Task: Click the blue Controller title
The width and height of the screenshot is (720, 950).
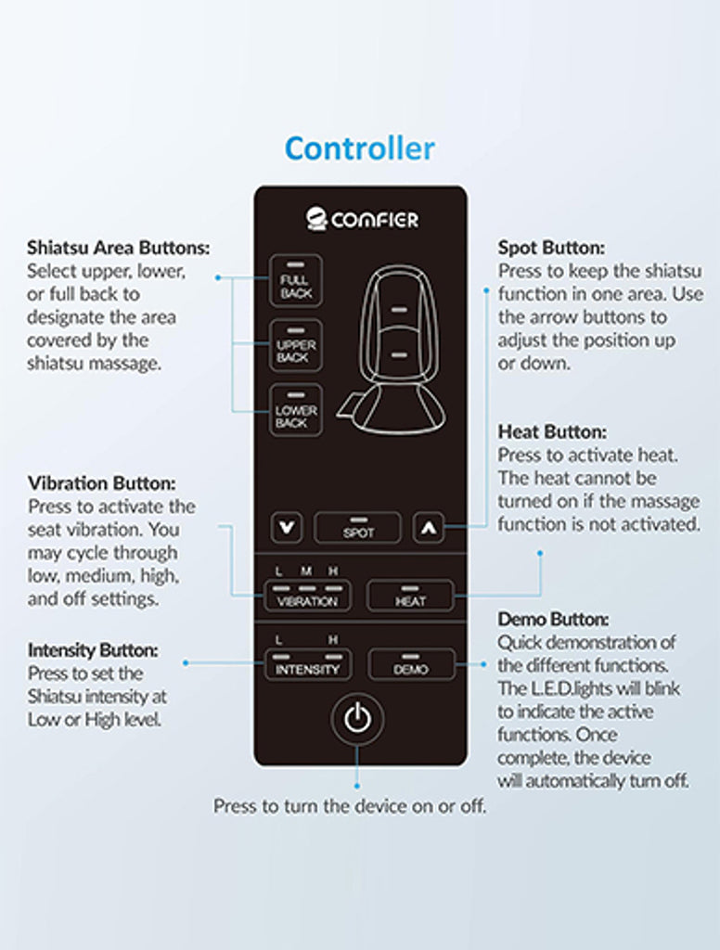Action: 359,148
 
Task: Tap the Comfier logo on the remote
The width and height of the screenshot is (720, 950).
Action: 362,219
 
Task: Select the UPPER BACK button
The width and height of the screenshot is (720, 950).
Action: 296,345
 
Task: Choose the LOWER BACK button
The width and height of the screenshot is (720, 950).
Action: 296,410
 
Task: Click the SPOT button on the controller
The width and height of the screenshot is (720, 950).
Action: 357,528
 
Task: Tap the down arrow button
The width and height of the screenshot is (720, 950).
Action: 286,527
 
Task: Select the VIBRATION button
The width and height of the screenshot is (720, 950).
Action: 307,596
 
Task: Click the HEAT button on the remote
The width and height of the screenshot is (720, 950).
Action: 410,596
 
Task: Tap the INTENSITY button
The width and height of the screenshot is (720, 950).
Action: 307,664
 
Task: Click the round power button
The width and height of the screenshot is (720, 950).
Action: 357,719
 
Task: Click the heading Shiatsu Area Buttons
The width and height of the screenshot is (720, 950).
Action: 118,248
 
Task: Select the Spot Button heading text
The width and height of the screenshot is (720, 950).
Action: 551,248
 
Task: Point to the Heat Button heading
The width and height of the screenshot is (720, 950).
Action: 552,432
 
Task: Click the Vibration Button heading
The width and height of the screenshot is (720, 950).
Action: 102,483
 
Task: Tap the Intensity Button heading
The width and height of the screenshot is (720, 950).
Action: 93,650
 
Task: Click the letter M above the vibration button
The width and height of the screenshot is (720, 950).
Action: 306,571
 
